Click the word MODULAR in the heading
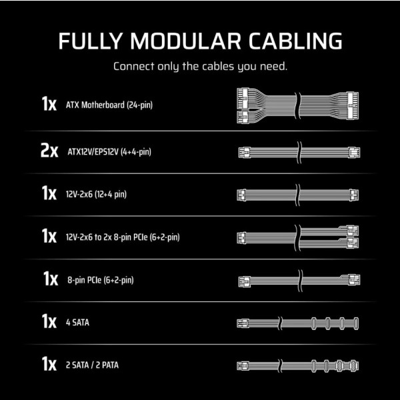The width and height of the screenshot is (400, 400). [185, 41]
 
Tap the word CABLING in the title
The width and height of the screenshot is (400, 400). [295, 41]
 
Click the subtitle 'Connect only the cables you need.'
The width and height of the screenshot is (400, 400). [200, 66]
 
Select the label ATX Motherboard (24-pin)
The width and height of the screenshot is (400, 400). [109, 105]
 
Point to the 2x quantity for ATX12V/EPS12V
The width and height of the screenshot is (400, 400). [49, 151]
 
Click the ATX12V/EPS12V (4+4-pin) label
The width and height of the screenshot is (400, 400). [109, 152]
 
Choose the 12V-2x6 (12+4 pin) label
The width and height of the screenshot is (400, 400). [96, 195]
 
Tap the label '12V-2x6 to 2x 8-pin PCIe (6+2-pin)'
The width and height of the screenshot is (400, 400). [123, 237]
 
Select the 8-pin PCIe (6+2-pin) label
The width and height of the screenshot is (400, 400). [101, 280]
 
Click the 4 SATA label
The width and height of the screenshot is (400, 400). [77, 323]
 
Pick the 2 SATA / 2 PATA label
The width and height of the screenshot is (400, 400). [92, 365]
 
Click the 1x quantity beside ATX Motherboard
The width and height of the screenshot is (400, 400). [49, 104]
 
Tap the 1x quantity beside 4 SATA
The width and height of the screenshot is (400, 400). [49, 321]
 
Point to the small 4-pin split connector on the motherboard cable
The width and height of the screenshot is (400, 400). [243, 117]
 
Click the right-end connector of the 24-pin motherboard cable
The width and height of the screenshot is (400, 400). [353, 105]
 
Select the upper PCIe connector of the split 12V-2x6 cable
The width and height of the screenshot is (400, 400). [352, 231]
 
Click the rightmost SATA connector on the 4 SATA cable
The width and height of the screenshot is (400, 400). [356, 323]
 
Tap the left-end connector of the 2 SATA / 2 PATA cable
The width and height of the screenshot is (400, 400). [243, 366]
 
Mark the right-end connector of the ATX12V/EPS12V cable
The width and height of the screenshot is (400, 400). [354, 153]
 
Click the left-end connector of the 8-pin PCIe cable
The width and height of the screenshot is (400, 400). [245, 281]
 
